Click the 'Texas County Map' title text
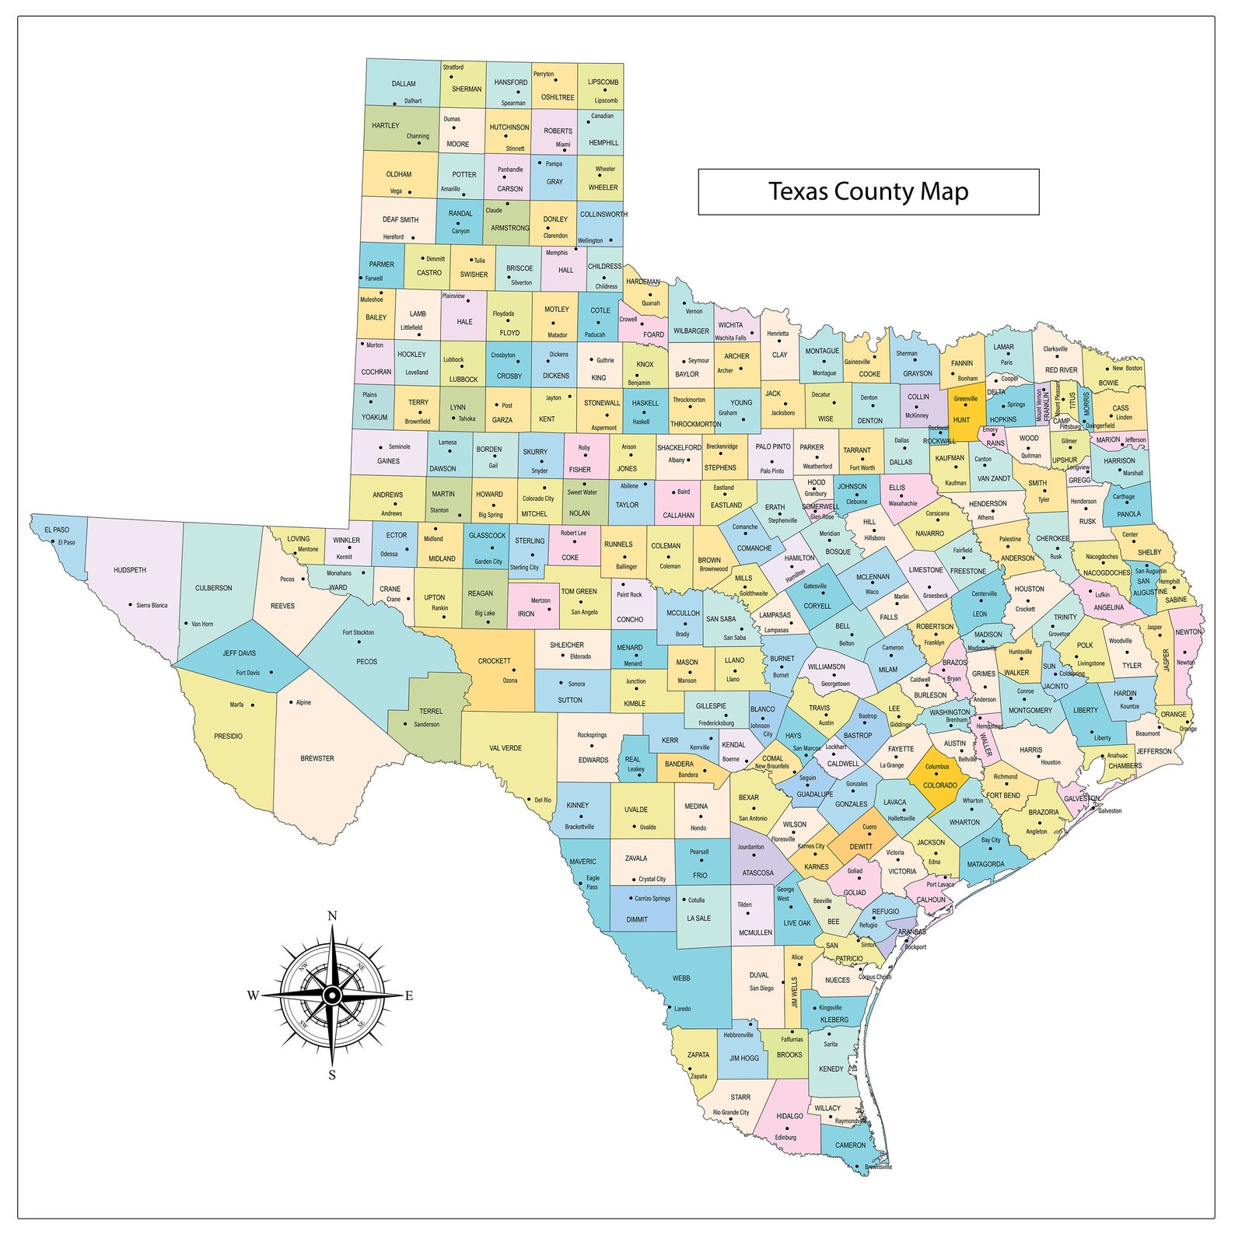[868, 191]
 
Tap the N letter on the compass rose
[332, 915]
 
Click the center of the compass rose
[332, 995]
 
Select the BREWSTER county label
[317, 758]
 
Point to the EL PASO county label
[57, 530]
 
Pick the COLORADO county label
[939, 785]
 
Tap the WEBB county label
[681, 978]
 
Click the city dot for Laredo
[669, 1006]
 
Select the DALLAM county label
[404, 84]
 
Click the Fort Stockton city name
[359, 632]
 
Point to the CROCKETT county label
[495, 661]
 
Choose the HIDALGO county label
[790, 1116]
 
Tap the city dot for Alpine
[291, 702]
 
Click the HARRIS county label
[1030, 750]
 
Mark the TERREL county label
[431, 712]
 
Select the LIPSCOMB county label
[604, 82]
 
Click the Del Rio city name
[543, 799]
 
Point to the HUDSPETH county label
[130, 570]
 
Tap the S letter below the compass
[332, 1076]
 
